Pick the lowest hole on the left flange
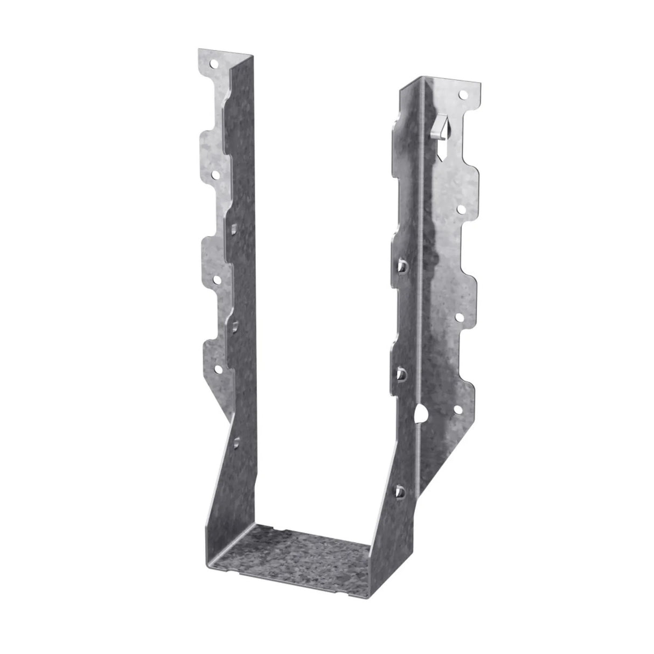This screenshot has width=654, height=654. [219, 369]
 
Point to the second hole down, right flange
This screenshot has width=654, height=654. [462, 207]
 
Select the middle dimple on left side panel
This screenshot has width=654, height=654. [235, 325]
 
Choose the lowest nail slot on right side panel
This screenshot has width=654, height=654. [400, 475]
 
